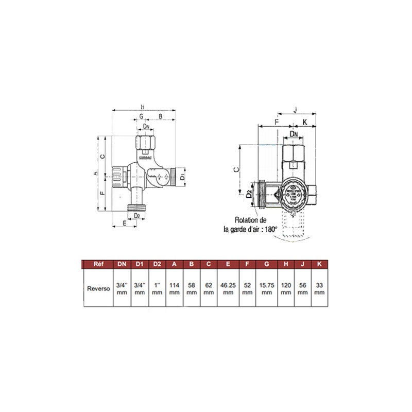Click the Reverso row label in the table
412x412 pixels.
click(x=98, y=288)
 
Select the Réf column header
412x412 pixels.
click(x=98, y=264)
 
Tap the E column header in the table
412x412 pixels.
click(x=228, y=264)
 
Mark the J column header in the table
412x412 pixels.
click(x=303, y=264)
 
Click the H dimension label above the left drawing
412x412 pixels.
click(x=143, y=107)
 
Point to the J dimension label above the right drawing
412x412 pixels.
click(x=295, y=109)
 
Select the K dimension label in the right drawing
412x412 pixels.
click(x=305, y=122)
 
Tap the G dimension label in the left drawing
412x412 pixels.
click(x=141, y=117)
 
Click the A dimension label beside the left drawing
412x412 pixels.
click(x=95, y=174)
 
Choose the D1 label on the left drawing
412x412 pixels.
click(x=182, y=176)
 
